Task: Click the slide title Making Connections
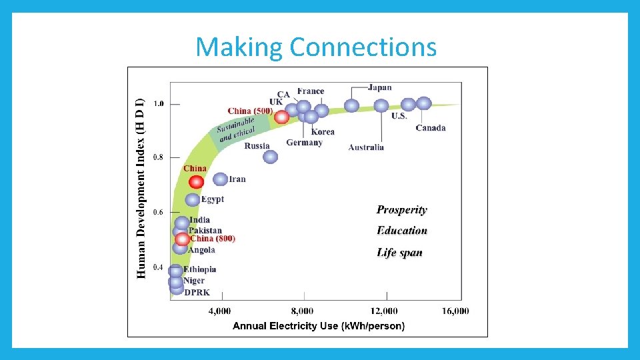[x=316, y=47]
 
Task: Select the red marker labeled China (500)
[x=282, y=117]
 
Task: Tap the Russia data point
[x=270, y=157]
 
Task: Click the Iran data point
[x=220, y=179]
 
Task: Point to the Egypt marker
[x=193, y=199]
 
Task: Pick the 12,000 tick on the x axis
[x=384, y=311]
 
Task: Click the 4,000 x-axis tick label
[x=220, y=311]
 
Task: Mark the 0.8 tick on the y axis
[x=159, y=157]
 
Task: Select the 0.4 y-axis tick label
[x=159, y=267]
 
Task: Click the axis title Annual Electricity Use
[x=318, y=326]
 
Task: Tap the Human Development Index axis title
[x=140, y=189]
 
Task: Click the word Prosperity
[x=402, y=210]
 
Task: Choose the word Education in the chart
[x=402, y=231]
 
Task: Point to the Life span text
[x=399, y=253]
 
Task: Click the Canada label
[x=431, y=128]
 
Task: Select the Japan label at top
[x=380, y=87]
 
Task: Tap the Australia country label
[x=366, y=147]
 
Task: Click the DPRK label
[x=197, y=292]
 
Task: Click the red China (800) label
[x=213, y=238]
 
